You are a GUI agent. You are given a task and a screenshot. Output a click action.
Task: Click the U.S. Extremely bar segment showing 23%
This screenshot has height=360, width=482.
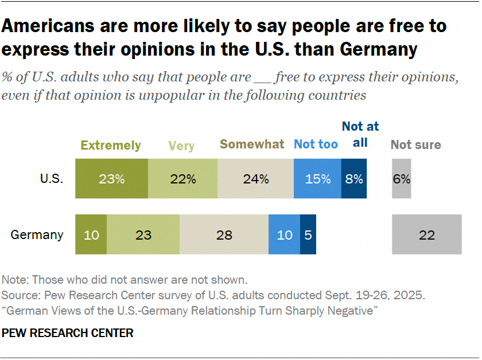pyautogui.click(x=112, y=179)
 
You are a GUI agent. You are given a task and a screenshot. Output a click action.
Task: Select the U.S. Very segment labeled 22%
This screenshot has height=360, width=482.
pyautogui.click(x=183, y=179)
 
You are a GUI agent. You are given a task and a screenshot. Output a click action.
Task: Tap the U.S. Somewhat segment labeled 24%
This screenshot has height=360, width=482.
pyautogui.click(x=255, y=179)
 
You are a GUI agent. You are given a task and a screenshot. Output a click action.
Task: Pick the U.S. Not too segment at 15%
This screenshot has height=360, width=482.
pyautogui.click(x=317, y=179)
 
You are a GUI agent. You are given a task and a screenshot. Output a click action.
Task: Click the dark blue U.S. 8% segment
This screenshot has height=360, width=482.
pyautogui.click(x=354, y=179)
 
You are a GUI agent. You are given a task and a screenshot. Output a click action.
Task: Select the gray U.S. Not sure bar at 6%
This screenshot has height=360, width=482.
pyautogui.click(x=402, y=179)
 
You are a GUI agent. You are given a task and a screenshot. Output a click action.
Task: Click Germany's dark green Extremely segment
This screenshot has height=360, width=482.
pyautogui.click(x=91, y=234)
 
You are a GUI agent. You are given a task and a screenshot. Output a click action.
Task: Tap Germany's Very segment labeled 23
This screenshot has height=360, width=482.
pyautogui.click(x=143, y=234)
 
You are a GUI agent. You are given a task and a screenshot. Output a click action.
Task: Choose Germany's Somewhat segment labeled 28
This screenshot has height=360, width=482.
pyautogui.click(x=224, y=234)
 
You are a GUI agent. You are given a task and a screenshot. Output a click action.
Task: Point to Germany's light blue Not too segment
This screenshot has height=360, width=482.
pyautogui.click(x=284, y=234)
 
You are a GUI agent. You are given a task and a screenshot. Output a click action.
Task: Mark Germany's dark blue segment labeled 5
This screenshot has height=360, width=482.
pyautogui.click(x=308, y=234)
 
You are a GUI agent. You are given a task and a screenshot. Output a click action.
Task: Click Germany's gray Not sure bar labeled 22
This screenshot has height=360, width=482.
pyautogui.click(x=427, y=234)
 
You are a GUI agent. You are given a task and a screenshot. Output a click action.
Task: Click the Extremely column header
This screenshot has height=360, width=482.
pyautogui.click(x=111, y=146)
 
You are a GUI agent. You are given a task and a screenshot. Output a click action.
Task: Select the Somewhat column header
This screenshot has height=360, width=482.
pyautogui.click(x=252, y=144)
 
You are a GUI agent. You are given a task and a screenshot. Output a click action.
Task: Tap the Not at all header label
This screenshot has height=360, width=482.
pyautogui.click(x=360, y=135)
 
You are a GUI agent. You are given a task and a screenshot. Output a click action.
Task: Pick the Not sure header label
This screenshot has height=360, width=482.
pyautogui.click(x=415, y=145)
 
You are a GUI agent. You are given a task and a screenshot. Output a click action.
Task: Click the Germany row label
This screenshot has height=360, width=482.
pyautogui.click(x=37, y=235)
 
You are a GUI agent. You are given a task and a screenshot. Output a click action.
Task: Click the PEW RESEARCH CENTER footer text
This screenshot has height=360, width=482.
pyautogui.click(x=68, y=333)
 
